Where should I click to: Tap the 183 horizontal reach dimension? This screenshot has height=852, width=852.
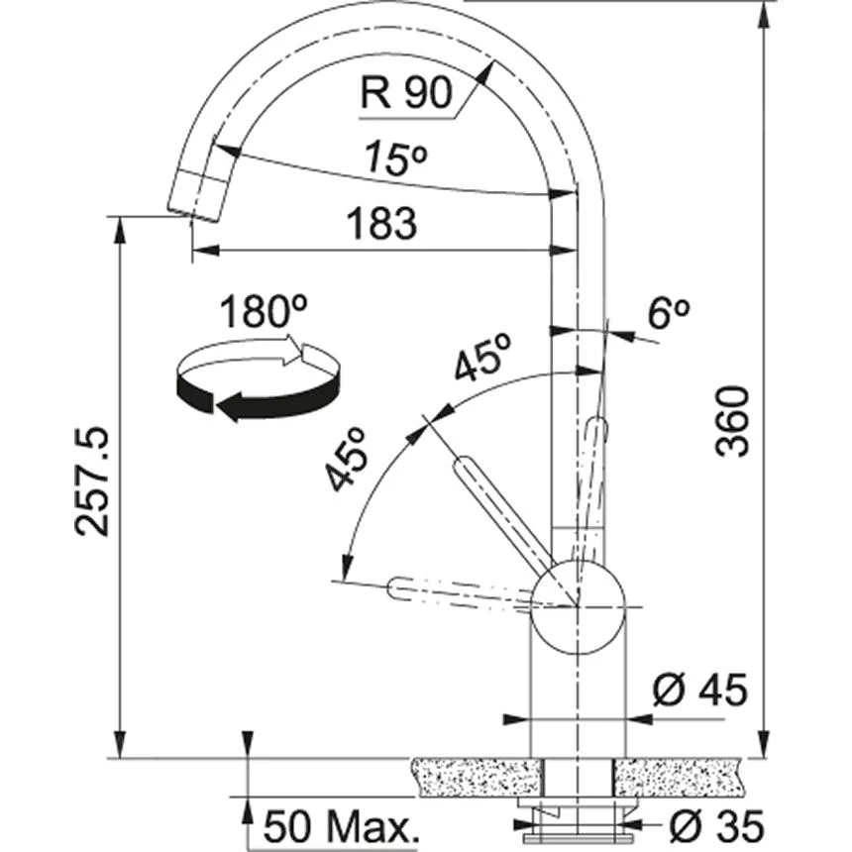[x=383, y=226]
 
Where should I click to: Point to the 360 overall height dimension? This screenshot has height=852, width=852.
[x=733, y=422]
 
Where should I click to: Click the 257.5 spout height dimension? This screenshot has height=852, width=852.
[x=93, y=481]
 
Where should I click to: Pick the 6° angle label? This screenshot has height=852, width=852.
[x=667, y=314]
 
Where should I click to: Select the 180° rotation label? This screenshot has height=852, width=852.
[x=261, y=313]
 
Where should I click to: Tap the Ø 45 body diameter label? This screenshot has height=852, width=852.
[x=701, y=691]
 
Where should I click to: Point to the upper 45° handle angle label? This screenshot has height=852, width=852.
[x=482, y=358]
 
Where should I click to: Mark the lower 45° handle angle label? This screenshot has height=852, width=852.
[x=350, y=460]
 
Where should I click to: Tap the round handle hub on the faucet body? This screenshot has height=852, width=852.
[x=578, y=606]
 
